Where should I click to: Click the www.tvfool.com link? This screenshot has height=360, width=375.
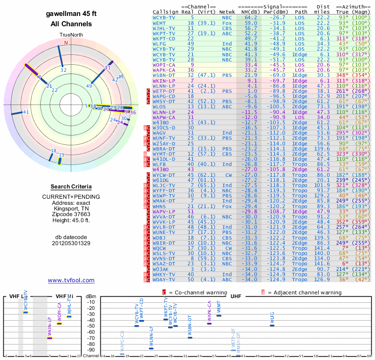click(71, 280)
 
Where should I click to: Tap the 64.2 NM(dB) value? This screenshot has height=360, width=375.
click(251, 17)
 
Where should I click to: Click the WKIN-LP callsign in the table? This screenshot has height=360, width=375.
click(164, 81)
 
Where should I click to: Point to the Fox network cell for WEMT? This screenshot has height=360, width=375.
click(228, 22)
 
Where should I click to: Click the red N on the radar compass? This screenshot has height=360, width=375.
click(66, 43)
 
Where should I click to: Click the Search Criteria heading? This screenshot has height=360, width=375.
click(71, 187)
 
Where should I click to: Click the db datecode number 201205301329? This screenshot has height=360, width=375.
click(71, 243)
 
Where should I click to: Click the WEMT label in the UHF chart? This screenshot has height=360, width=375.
click(219, 308)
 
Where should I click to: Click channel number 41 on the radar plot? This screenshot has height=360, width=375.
click(26, 112)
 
